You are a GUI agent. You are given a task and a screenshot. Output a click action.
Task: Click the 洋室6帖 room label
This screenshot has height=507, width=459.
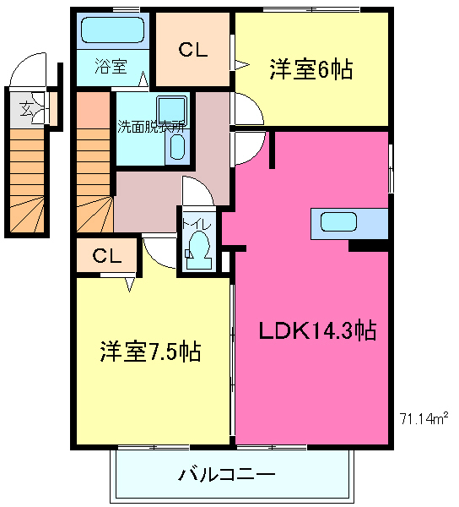310,68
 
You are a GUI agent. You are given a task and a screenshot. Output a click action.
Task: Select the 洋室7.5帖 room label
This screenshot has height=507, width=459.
150,351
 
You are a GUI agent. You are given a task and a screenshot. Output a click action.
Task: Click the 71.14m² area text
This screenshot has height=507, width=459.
423,417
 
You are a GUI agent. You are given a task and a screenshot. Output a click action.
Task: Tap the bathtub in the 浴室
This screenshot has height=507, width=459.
113,31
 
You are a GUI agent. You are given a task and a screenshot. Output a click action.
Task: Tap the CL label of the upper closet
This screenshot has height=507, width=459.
192,51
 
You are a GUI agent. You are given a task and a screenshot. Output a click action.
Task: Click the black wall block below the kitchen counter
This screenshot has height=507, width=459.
369,245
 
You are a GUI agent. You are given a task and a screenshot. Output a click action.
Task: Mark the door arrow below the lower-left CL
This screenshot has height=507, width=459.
131,284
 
